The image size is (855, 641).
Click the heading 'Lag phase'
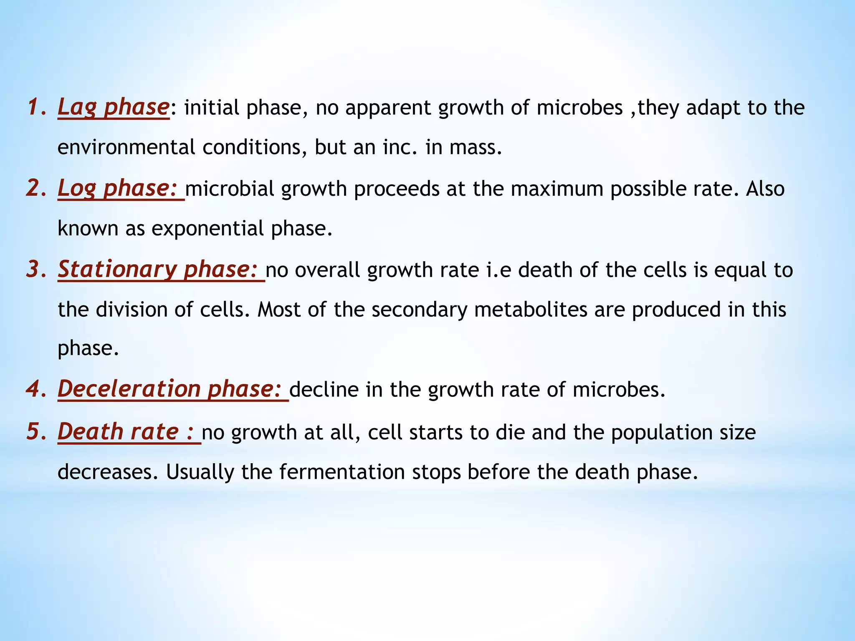113,107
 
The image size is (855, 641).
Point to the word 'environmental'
126,147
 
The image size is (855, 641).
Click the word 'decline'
324,390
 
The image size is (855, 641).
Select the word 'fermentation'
342,472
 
